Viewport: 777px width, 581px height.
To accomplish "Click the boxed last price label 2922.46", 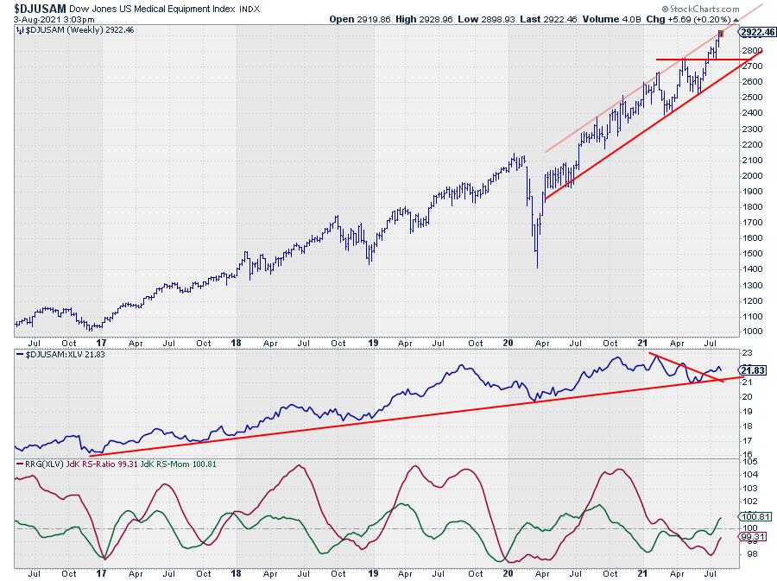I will pyautogui.click(x=759, y=32).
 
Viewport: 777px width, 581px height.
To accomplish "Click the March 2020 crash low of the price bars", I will pyautogui.click(x=537, y=267).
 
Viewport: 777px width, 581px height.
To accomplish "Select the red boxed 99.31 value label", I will pyautogui.click(x=754, y=536).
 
